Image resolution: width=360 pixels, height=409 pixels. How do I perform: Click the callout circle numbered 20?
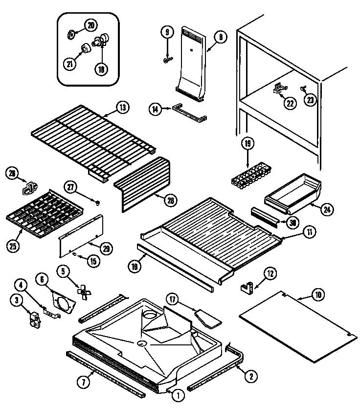pos(90,25)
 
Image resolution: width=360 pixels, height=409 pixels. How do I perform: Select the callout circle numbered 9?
pos(167,33)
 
